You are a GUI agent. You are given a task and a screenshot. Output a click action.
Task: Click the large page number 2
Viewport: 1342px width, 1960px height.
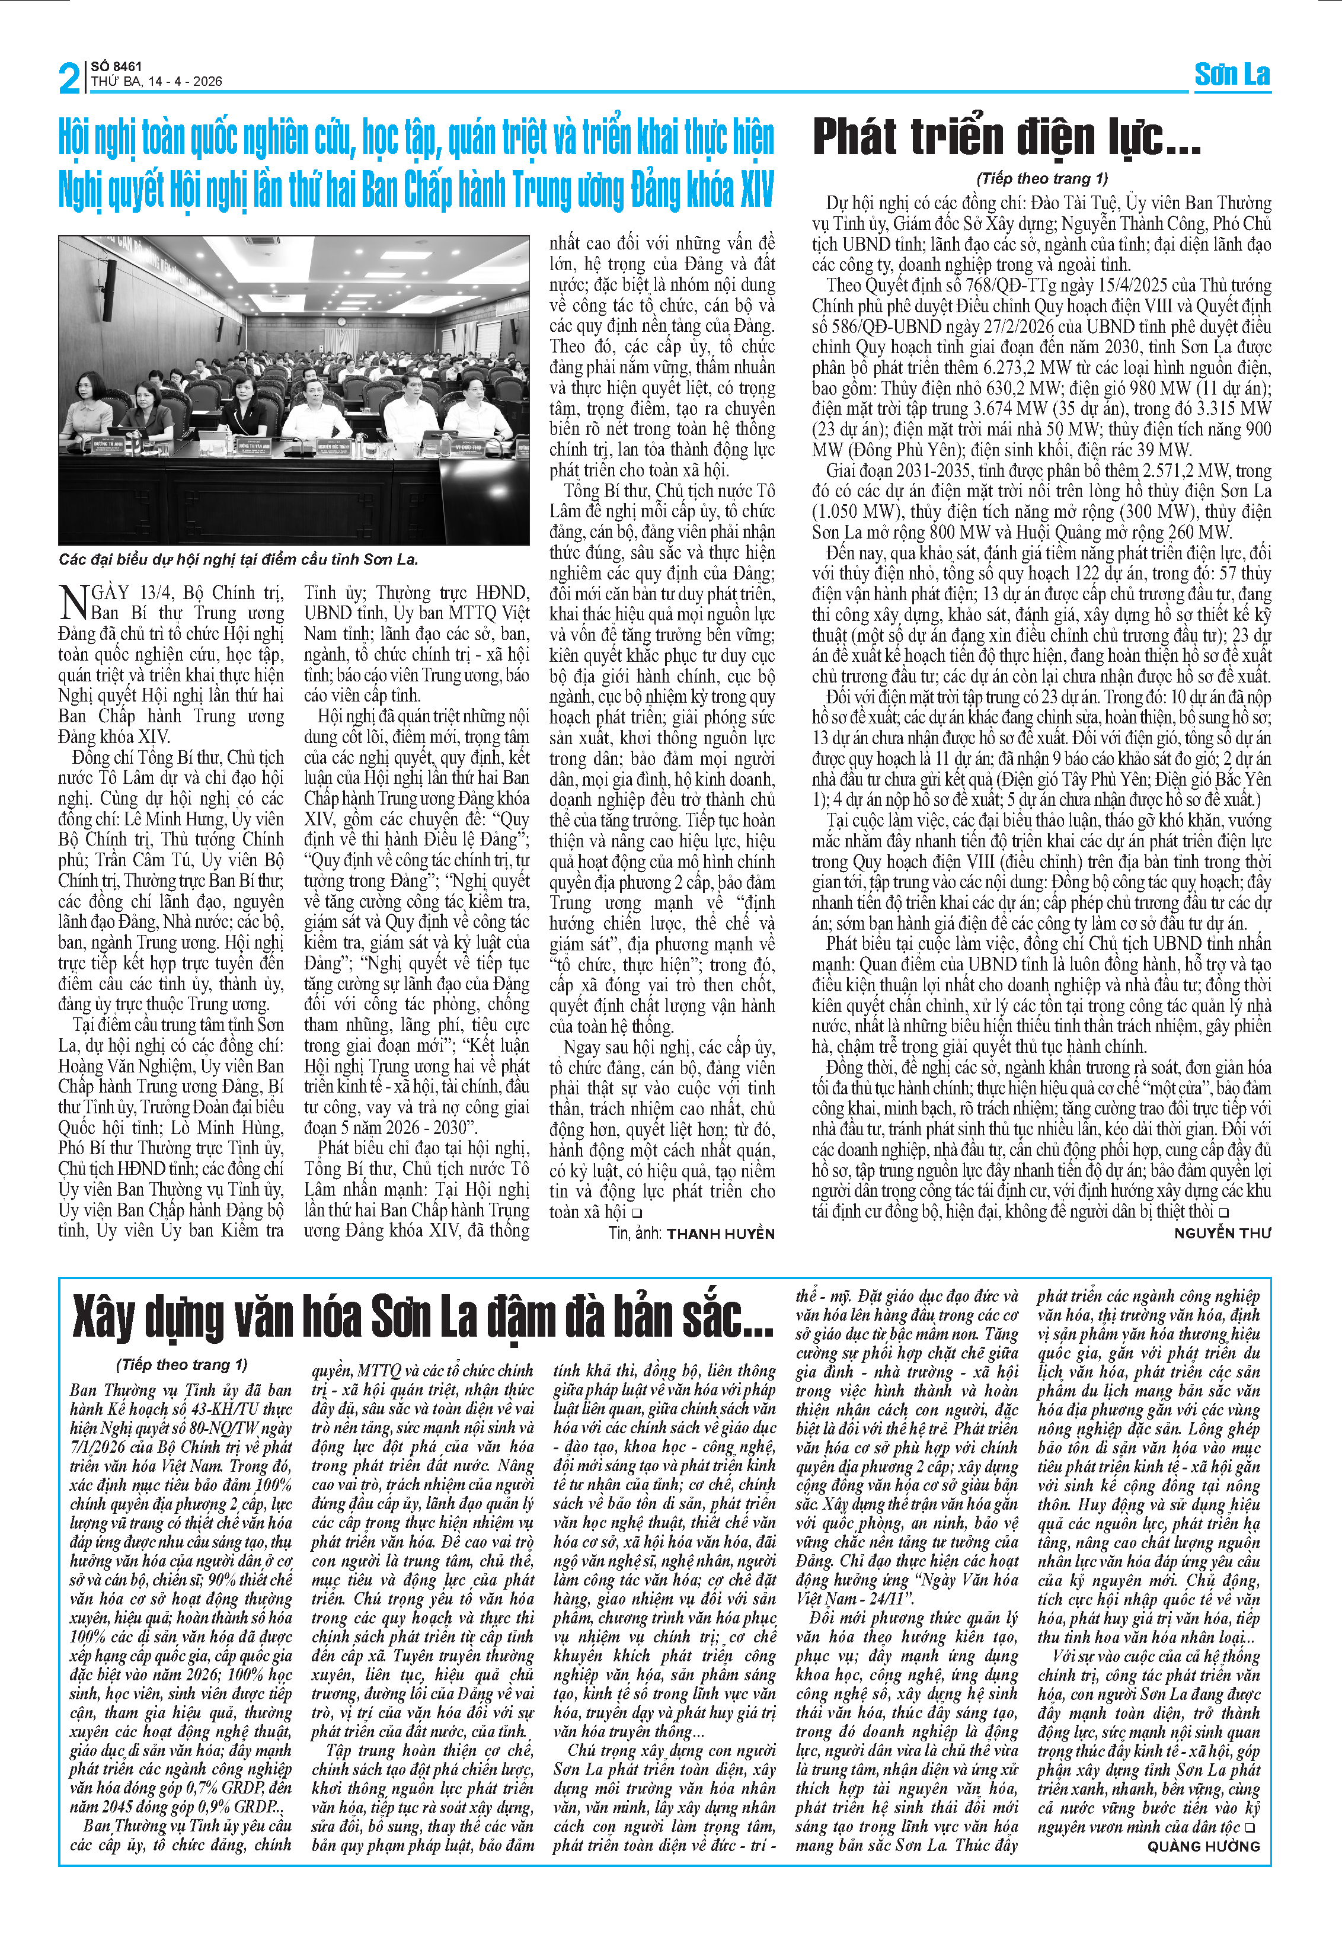[x=69, y=78]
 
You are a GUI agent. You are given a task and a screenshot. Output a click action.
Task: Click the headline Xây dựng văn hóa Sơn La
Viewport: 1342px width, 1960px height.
[x=422, y=1317]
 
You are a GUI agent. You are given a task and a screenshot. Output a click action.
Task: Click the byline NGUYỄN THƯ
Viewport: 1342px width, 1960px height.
[x=1222, y=1232]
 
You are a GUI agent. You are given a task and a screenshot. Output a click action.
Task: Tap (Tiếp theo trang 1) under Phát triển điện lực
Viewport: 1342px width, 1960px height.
[x=1041, y=178]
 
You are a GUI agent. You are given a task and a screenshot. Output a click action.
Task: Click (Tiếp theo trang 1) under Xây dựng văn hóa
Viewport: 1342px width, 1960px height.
[x=181, y=1365]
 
